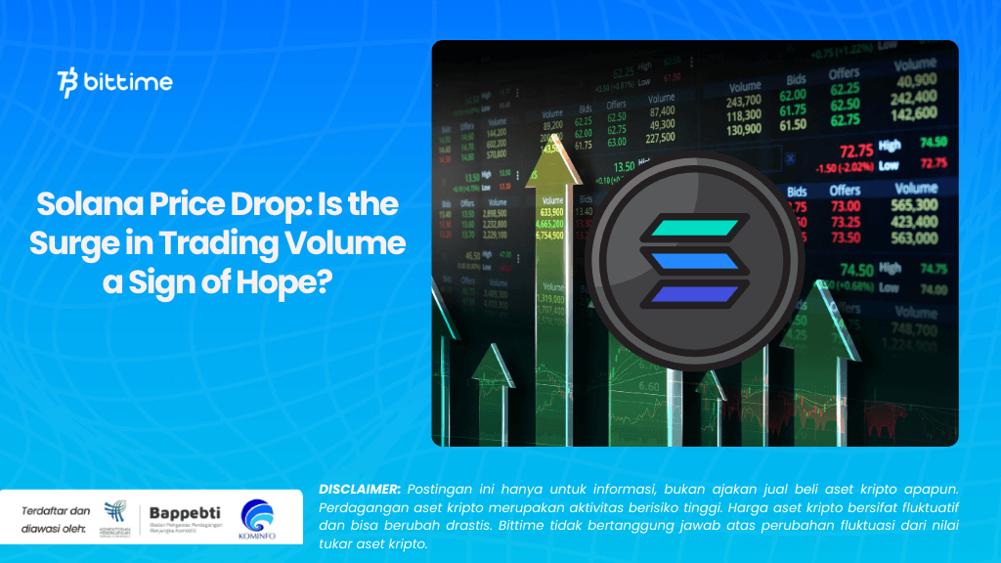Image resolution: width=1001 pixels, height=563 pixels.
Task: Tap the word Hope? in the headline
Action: coord(287,281)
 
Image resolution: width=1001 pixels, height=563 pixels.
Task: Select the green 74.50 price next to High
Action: coord(857,270)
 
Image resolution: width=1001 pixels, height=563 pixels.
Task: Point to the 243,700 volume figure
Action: coord(745,100)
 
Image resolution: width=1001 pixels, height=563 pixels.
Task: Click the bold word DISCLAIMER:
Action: coord(360,488)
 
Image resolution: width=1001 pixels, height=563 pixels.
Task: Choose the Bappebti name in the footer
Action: coord(186,512)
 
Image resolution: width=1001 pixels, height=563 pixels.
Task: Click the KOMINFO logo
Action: coord(257,518)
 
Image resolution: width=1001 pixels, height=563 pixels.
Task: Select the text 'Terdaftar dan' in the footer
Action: coord(54,510)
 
